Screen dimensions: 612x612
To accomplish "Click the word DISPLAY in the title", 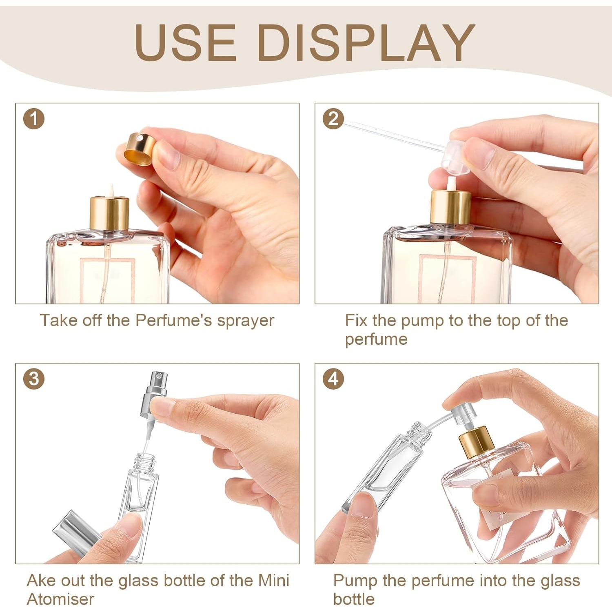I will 366,42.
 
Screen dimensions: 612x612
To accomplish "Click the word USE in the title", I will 186,42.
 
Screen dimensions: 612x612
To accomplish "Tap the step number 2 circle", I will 333,119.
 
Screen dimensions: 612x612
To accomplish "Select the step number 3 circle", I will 33,379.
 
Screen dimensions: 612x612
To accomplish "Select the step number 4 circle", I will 333,379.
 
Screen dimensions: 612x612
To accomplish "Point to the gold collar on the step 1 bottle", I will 109,213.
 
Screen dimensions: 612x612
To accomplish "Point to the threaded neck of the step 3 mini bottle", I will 146,461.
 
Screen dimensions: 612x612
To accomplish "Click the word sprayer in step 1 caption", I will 245,321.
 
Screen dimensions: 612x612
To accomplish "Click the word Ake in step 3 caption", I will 42,580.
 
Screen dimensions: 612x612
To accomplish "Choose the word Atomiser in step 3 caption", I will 60,599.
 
